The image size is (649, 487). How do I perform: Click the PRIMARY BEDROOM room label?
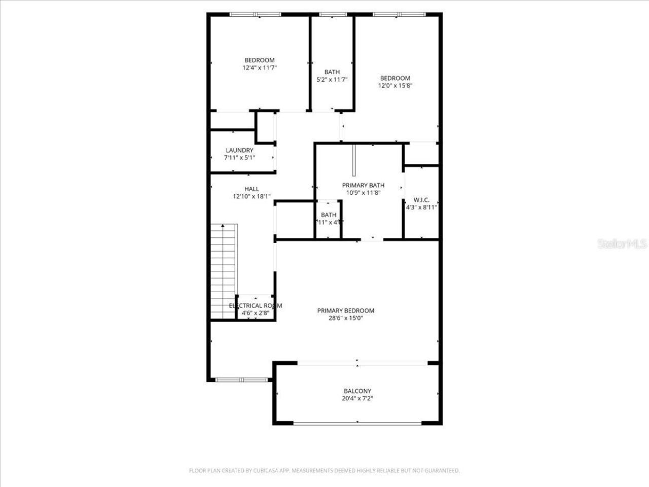(x=345, y=310)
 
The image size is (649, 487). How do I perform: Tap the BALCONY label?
(x=357, y=391)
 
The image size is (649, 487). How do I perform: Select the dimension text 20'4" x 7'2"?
(x=357, y=398)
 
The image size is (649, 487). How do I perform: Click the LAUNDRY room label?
(x=239, y=150)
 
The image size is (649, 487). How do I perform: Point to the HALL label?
(x=251, y=189)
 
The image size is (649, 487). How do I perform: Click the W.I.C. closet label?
(x=421, y=200)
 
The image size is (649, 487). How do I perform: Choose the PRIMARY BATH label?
(x=363, y=185)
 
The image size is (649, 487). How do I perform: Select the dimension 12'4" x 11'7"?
(x=260, y=67)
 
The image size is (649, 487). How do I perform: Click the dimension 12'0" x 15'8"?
(x=395, y=86)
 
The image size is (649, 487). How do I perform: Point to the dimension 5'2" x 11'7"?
(x=332, y=79)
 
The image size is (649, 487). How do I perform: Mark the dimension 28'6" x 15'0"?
(x=345, y=318)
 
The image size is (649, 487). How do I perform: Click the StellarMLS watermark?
(x=622, y=245)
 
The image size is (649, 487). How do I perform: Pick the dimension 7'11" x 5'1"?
(x=239, y=157)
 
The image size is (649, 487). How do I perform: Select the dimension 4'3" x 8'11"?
(x=421, y=207)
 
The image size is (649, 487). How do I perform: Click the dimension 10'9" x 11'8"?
(x=363, y=193)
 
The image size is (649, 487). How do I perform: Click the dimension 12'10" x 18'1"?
(x=251, y=196)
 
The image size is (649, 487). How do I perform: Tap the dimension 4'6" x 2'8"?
(x=254, y=313)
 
